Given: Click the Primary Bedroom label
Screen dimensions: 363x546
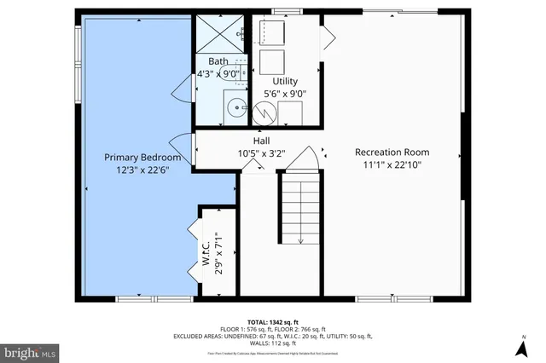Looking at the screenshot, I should coord(142,158).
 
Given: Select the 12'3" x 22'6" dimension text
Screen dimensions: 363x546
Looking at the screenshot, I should coord(142,170).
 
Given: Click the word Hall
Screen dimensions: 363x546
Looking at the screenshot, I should coord(263,141).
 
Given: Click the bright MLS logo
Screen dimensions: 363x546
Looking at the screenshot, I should coord(30,351).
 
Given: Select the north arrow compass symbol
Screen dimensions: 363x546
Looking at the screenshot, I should coord(520,349).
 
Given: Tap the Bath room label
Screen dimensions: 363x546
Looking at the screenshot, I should coord(218,60).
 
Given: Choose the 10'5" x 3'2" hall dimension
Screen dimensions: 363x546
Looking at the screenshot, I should coord(262,154).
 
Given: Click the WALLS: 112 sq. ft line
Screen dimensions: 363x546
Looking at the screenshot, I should coord(273,343).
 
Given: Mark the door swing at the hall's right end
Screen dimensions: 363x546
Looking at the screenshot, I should coord(310,158).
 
